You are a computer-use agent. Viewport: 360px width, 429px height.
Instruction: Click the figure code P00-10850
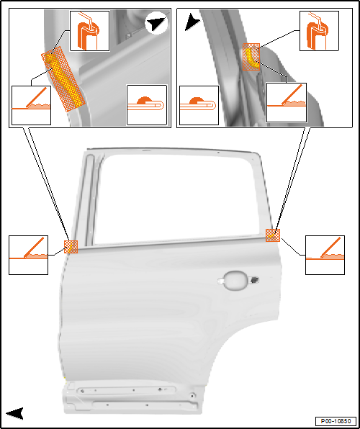click(336, 420)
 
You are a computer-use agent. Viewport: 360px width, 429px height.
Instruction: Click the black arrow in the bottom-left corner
click(15, 413)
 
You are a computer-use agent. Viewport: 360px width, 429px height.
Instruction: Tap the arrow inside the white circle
click(156, 24)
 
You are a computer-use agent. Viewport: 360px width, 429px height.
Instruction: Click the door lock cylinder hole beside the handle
click(255, 279)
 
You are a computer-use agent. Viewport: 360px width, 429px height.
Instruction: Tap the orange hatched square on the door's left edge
click(71, 246)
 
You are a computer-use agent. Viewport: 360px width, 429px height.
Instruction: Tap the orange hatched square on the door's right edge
click(273, 235)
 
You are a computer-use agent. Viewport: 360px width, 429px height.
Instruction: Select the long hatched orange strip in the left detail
click(63, 78)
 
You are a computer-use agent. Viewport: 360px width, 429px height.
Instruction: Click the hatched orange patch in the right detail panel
click(251, 57)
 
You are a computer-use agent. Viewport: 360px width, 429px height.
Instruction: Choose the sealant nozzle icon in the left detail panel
click(90, 31)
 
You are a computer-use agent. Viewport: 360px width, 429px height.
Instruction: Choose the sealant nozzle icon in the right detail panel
click(319, 31)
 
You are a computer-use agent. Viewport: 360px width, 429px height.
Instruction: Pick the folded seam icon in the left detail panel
click(147, 105)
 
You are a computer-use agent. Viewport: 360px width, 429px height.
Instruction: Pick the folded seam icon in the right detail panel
click(199, 105)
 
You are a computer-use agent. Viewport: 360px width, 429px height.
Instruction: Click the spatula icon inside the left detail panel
click(31, 105)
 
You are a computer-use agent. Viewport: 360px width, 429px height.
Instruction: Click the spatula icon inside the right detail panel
click(287, 102)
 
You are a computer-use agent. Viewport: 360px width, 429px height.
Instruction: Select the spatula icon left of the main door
click(29, 255)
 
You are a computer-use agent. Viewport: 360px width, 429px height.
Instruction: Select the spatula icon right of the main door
click(325, 255)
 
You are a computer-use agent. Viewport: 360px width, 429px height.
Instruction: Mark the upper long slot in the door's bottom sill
click(127, 390)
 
